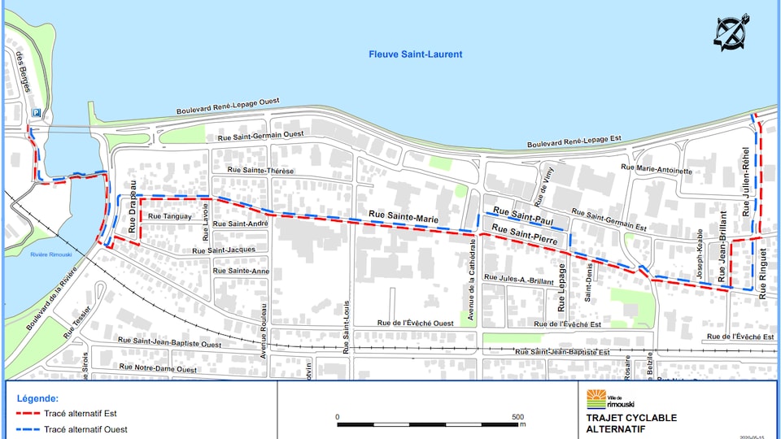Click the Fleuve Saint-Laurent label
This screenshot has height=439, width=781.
[x=415, y=54]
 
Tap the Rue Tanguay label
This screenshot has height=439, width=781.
[x=170, y=217]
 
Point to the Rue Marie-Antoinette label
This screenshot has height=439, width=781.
[x=656, y=169]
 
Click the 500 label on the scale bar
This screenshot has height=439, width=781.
[x=517, y=417]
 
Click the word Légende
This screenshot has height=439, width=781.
[x=37, y=398]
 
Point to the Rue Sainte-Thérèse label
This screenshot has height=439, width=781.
[x=261, y=171]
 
